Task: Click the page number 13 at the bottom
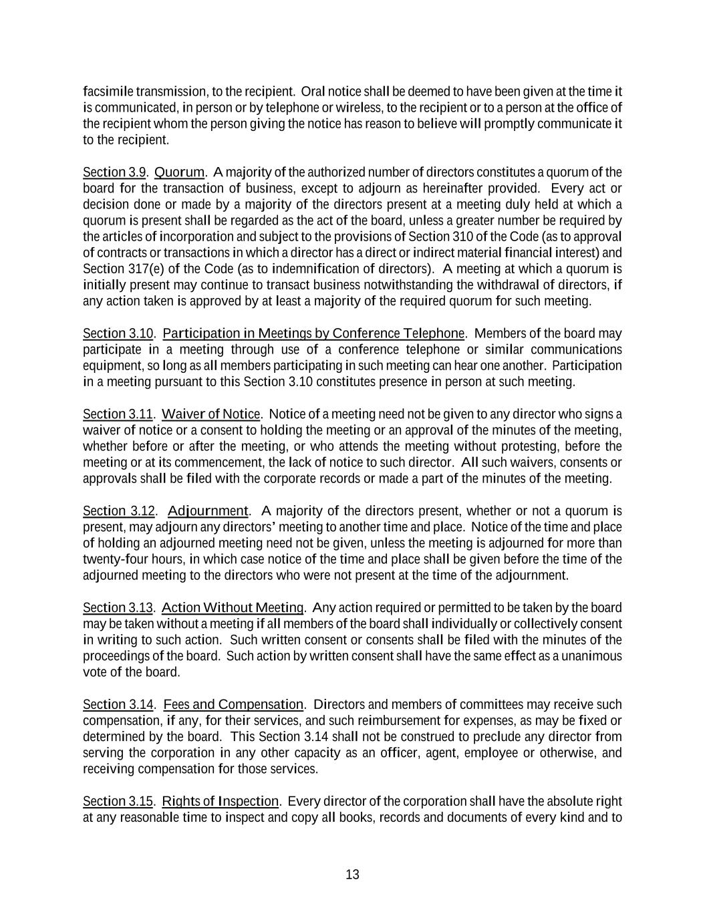[x=353, y=875]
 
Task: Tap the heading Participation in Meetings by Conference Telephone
[x=313, y=333]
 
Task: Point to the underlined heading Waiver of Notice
[x=211, y=414]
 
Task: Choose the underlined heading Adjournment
[x=208, y=512]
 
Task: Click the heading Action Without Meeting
[x=233, y=608]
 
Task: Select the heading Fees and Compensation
[x=233, y=705]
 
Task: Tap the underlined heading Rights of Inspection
[x=221, y=801]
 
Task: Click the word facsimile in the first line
[x=108, y=92]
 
